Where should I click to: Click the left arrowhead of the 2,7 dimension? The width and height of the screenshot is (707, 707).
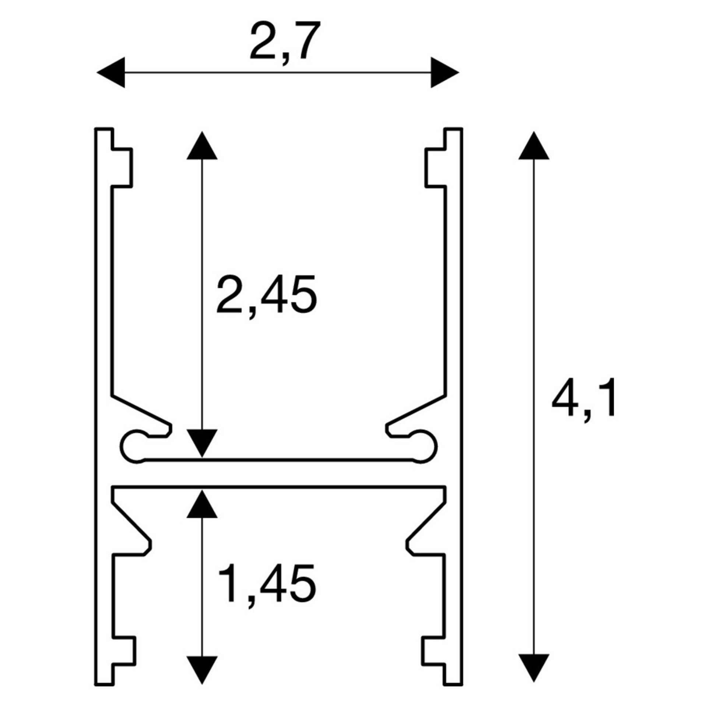111,73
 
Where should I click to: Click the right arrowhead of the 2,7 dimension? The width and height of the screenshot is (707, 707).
445,73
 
